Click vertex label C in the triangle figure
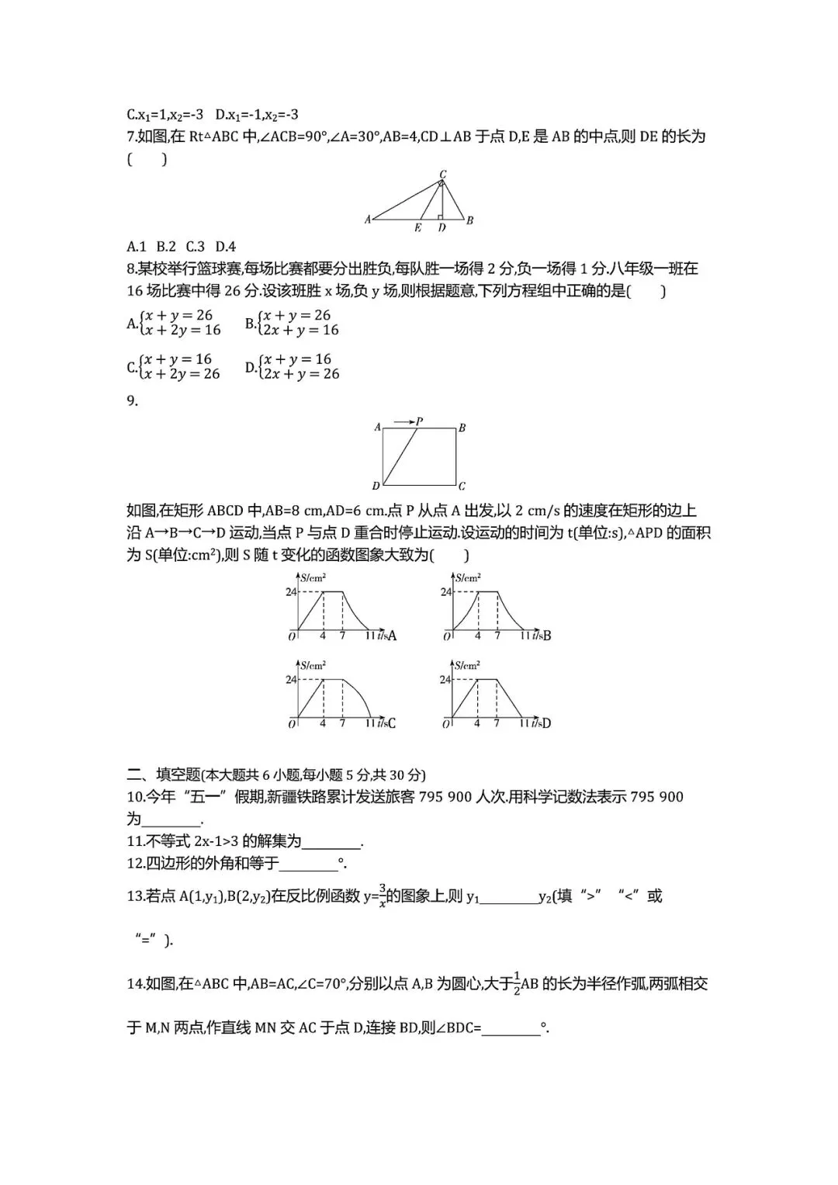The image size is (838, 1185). coord(443,174)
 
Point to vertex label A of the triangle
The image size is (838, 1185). coord(368,220)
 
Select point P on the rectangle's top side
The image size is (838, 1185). coord(419,422)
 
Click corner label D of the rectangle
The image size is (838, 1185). coord(376,487)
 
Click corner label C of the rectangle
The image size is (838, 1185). coord(462,487)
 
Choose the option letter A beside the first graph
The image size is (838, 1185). coord(392,636)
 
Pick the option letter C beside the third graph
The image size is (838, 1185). coord(391,723)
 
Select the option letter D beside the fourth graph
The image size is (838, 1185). coord(546,723)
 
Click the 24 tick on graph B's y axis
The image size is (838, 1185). coord(445,592)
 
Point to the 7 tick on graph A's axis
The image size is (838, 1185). coord(342,636)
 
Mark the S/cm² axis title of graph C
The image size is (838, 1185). coord(313,665)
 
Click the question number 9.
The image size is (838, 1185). coord(132,400)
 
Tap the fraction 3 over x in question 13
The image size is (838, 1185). coord(383,896)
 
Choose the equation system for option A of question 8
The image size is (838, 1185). coord(179,323)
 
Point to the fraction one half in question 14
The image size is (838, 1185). coord(515,985)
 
